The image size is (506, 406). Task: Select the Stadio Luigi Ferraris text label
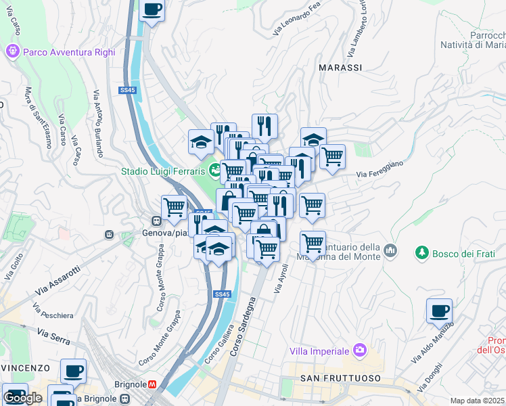162,171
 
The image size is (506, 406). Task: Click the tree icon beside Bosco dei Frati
422,252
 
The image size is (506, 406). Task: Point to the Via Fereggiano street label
380,169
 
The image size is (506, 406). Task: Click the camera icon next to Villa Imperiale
360,351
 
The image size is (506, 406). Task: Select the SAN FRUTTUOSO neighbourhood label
340,378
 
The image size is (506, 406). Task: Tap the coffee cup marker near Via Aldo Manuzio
439,311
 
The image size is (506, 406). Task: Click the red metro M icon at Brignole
154,384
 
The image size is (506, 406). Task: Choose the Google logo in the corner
22,398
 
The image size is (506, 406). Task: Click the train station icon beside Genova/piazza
156,221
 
